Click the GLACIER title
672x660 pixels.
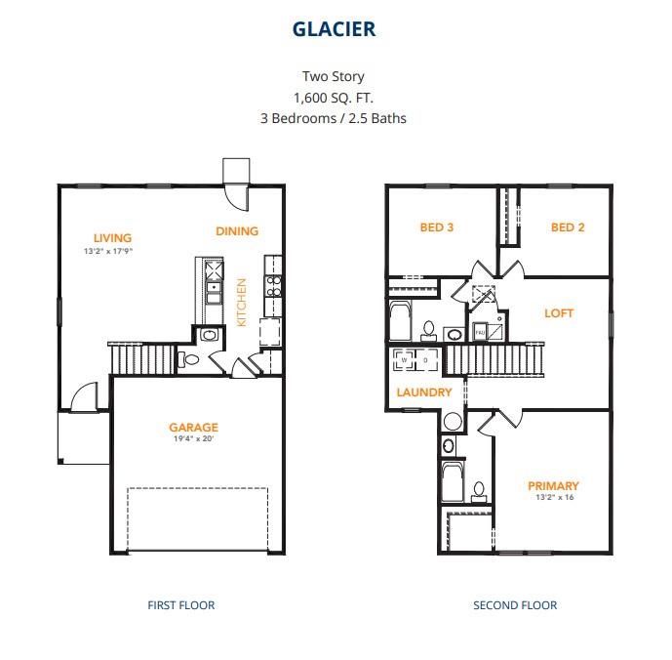coord(334,28)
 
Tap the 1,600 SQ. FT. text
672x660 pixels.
coord(334,98)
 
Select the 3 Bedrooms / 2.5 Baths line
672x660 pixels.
coord(334,118)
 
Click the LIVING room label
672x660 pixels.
coord(112,237)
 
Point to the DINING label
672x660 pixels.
coord(237,231)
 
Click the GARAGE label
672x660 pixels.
coord(193,427)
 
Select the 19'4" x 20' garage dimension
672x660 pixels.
coord(193,439)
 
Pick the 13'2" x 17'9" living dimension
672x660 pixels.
coord(108,251)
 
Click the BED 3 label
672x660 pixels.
coord(437,227)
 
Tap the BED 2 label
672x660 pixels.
coord(568,227)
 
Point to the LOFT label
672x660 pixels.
coord(559,313)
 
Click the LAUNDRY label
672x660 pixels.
coord(424,392)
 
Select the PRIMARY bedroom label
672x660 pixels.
coord(553,485)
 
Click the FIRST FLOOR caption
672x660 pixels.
coord(181,605)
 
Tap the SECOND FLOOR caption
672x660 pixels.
coord(515,605)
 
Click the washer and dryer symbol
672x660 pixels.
coord(415,360)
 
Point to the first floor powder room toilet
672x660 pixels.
coord(191,360)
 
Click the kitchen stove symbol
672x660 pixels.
coord(275,285)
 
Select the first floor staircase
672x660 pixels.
coord(141,358)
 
